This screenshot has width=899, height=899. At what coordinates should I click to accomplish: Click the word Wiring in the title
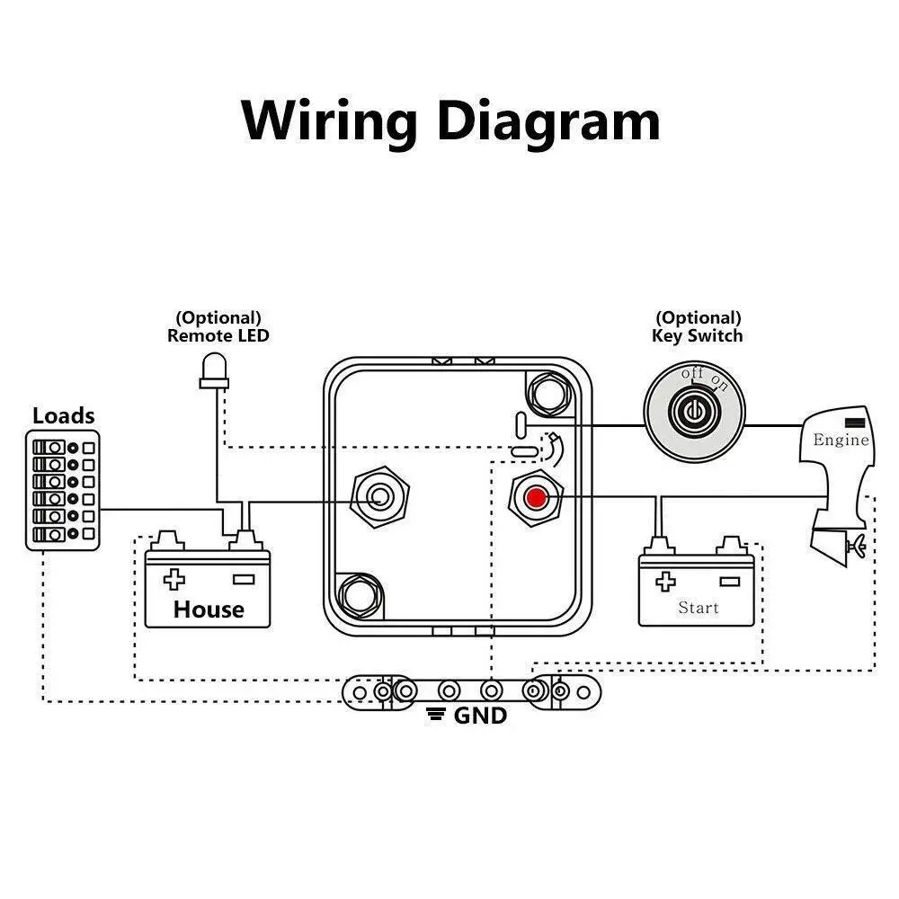(x=330, y=121)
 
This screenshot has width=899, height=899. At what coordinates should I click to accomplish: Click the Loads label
(x=63, y=415)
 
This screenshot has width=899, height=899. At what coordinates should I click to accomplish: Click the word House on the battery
(x=209, y=610)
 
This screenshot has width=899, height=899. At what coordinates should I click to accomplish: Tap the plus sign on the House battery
(x=174, y=578)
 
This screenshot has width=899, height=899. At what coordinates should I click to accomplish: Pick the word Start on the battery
(x=699, y=608)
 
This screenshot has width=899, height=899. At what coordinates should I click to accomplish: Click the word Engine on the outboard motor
(x=841, y=440)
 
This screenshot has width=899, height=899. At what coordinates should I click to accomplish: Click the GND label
(x=480, y=716)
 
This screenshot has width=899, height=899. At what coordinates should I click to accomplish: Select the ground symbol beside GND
(x=438, y=716)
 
